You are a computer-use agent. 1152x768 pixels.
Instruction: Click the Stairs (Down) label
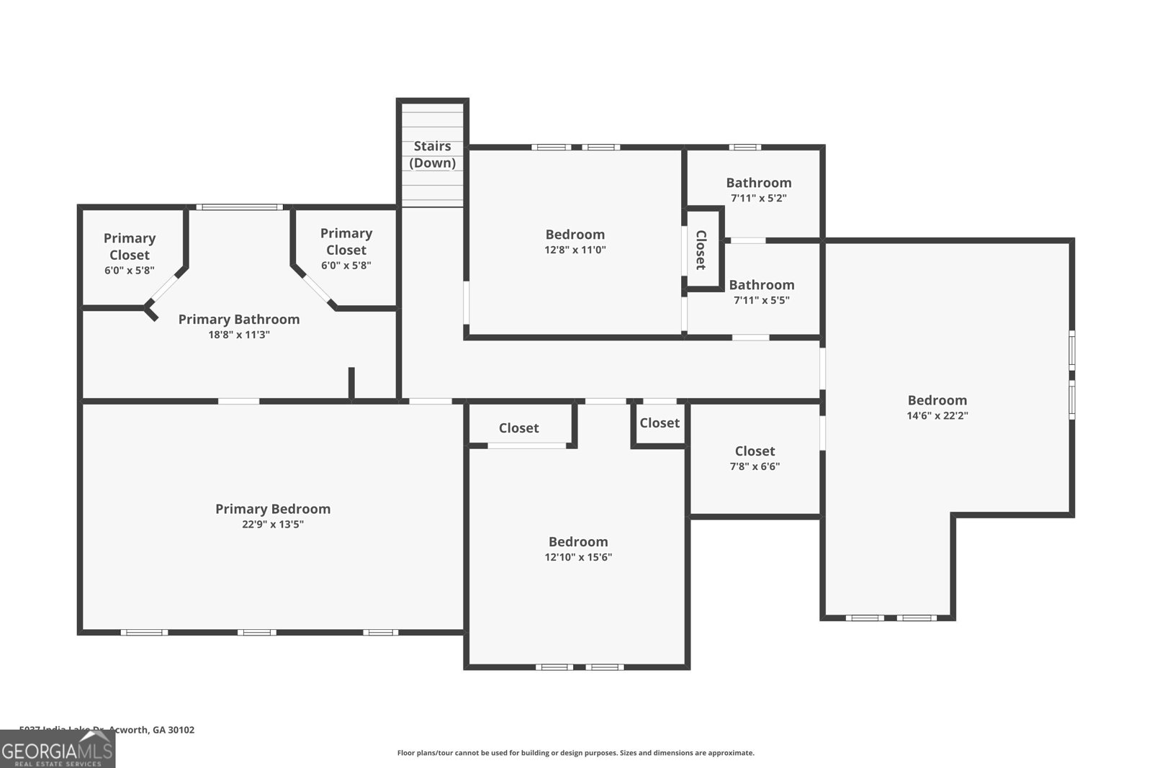pos(432,155)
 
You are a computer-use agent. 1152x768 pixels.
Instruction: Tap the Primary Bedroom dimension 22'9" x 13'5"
pos(273,525)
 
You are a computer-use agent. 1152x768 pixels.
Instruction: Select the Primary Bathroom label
pos(238,319)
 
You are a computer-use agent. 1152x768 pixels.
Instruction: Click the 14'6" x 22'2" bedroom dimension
pos(937,415)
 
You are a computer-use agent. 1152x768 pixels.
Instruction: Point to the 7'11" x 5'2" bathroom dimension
pos(758,198)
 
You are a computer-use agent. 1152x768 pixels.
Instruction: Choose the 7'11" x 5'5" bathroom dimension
pos(761,300)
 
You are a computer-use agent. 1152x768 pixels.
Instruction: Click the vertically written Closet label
pos(701,250)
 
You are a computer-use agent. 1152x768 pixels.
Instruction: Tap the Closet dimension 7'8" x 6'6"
pos(755,466)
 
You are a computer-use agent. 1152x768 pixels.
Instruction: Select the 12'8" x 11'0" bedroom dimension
pos(575,250)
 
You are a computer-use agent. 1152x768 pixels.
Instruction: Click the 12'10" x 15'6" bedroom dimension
pos(577,557)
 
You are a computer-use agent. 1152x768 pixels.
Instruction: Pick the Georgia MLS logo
pos(58,749)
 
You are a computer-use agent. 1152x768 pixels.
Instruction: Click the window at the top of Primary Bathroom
pos(239,207)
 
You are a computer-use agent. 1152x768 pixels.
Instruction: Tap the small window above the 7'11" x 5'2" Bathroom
pos(744,148)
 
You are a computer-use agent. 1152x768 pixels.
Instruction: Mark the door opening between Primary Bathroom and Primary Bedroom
pos(238,401)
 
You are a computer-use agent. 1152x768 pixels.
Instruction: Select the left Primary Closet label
pos(130,246)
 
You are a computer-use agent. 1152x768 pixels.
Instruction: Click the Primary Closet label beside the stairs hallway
pos(346,241)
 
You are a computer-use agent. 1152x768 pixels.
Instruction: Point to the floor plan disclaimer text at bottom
pos(575,753)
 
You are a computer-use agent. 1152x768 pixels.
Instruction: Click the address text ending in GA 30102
pos(107,729)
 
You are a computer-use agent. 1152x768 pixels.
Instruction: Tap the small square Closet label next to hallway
pos(659,423)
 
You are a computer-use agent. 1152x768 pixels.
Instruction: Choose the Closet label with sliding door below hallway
pos(518,428)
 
